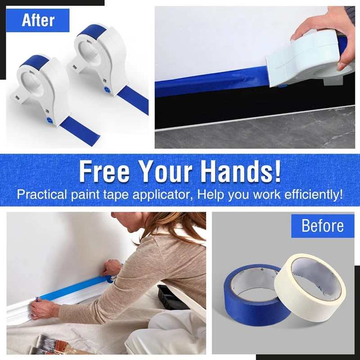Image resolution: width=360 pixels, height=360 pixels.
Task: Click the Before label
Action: tap(322, 225)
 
